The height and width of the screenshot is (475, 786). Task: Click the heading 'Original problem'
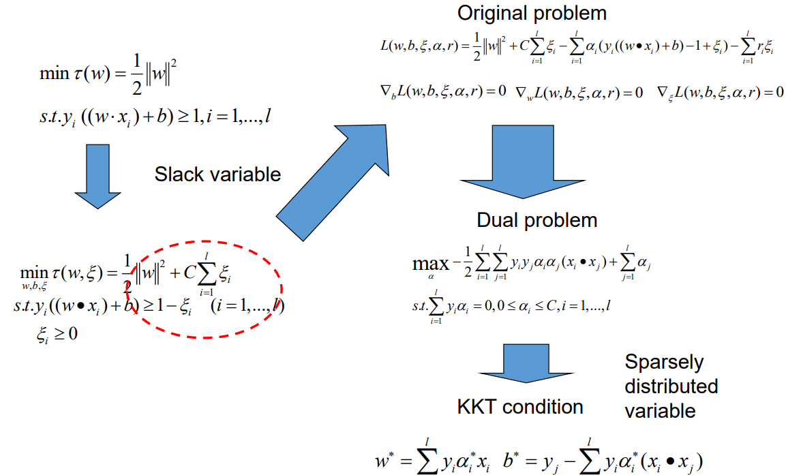pos(532,13)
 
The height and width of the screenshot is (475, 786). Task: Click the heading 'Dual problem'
pos(536,220)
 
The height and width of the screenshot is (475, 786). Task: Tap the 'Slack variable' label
pos(217,174)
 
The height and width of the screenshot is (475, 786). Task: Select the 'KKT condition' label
pos(520,407)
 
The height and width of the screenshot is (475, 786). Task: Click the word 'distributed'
pos(671,386)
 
